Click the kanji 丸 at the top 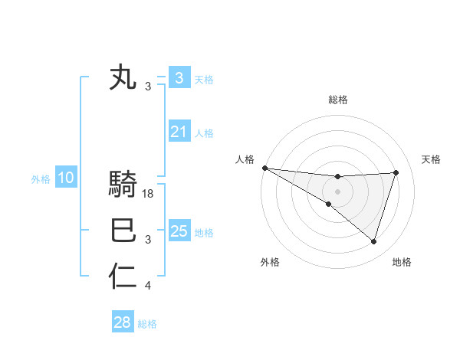123,78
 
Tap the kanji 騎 123,186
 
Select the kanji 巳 123,231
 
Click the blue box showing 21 179,133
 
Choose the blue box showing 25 179,231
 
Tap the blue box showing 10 65,178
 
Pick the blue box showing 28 122,322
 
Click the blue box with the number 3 179,78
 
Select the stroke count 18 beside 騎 149,195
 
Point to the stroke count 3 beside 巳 148,241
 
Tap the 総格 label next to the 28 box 148,324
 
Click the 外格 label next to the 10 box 41,179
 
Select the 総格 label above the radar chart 337,100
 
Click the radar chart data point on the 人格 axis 264,167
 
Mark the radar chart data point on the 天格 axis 396,172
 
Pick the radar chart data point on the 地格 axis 374,241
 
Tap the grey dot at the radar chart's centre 337,191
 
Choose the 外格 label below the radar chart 270,262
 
